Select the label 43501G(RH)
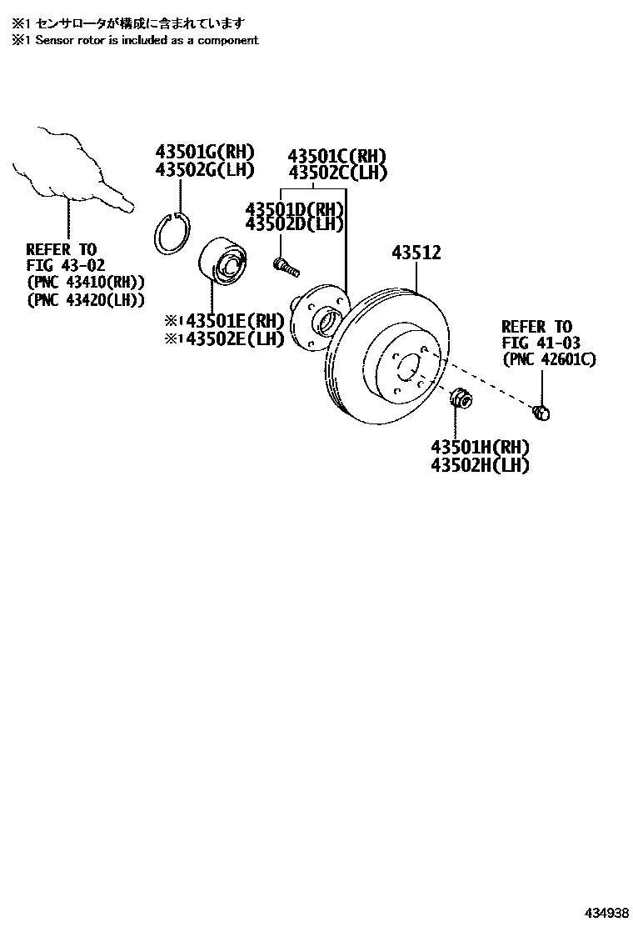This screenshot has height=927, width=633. click(203, 152)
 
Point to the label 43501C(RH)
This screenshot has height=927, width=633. click(337, 156)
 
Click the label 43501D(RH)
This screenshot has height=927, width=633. click(294, 208)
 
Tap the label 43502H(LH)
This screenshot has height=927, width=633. click(480, 466)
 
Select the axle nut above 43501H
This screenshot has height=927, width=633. click(459, 399)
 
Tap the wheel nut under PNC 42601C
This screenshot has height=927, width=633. click(541, 412)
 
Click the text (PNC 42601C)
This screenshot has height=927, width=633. click(549, 359)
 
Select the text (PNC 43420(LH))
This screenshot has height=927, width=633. click(86, 299)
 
